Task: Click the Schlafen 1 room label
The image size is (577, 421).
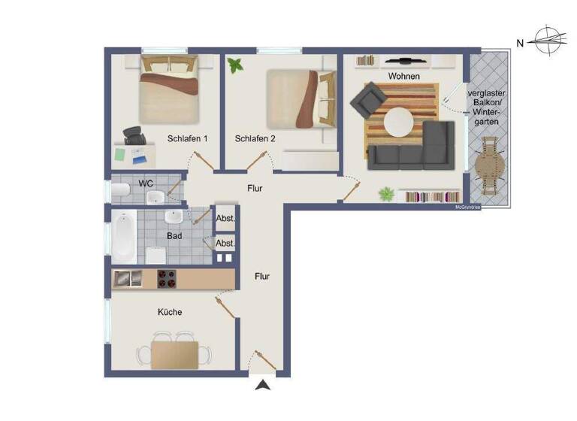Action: pos(186,139)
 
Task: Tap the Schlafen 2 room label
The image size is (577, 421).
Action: pos(255,139)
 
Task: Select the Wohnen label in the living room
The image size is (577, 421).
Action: pos(403,77)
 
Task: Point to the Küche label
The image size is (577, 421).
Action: pos(170,312)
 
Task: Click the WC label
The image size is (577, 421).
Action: pos(146,183)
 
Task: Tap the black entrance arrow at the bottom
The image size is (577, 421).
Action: pos(262,386)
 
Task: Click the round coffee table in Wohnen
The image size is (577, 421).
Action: pos(398,121)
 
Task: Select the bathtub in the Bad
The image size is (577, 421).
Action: pos(125,235)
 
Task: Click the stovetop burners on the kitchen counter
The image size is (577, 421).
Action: pos(166,278)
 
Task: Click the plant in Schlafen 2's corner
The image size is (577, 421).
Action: pos(237,65)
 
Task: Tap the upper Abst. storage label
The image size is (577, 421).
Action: pos(225,219)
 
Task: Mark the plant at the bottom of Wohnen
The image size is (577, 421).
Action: pos(386,195)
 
